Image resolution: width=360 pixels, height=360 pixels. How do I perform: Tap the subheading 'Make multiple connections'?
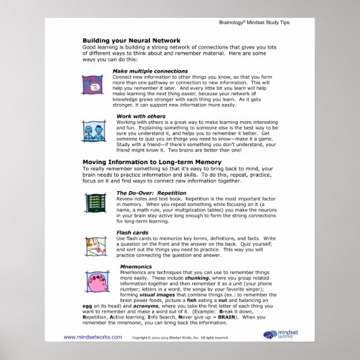click(x=150, y=71)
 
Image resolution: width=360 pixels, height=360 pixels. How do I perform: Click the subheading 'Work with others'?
click(x=137, y=117)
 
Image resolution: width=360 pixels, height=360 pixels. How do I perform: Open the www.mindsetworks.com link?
click(x=93, y=337)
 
